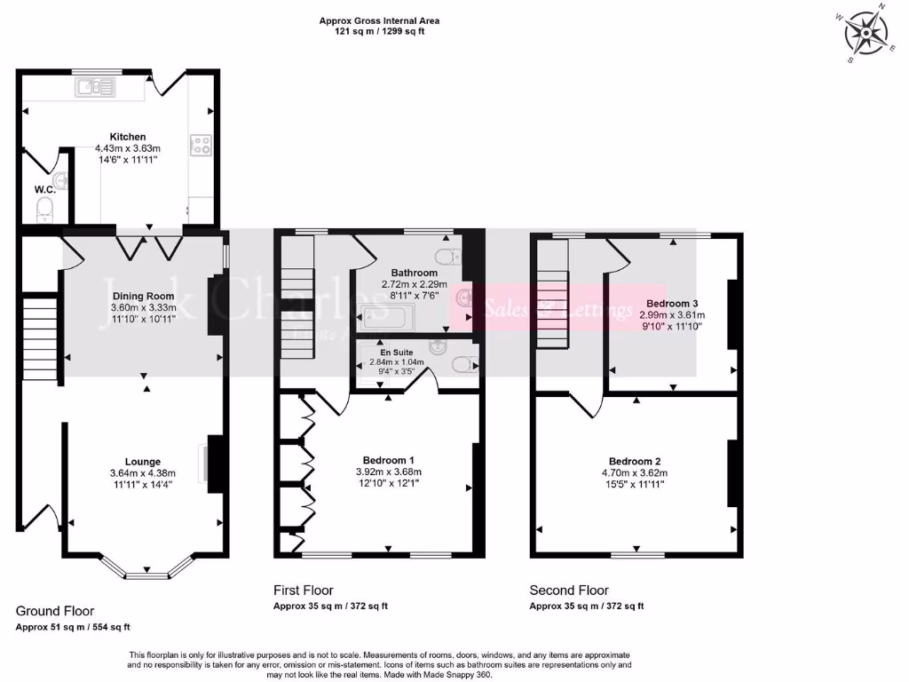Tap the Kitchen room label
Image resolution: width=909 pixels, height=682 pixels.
128,137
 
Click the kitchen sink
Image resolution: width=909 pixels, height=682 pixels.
95,86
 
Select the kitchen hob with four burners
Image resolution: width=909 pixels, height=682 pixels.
199,145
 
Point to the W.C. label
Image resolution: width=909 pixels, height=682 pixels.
45,189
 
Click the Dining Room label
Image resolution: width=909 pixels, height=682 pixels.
142,297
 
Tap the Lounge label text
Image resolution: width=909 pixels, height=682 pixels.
142,462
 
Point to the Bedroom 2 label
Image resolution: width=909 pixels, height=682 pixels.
635,462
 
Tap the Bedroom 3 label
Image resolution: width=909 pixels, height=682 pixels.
672,303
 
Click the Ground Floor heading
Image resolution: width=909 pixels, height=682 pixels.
55,611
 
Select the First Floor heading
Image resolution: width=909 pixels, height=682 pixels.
304,590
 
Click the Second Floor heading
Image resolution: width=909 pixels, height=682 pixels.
569,590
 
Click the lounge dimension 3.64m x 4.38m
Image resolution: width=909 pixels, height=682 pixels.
143,473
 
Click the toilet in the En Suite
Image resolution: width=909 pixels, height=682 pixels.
462,364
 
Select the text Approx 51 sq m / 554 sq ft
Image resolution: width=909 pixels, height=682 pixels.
73,627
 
